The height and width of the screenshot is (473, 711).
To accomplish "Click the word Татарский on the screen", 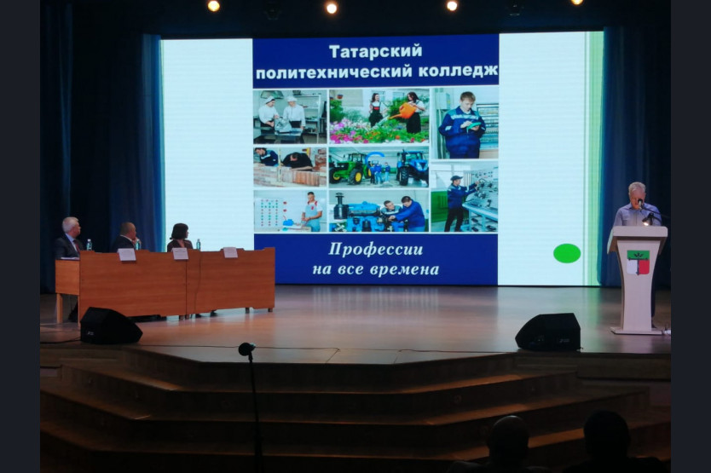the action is pyautogui.click(x=375, y=52).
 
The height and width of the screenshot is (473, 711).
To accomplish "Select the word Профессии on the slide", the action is pyautogui.click(x=375, y=250).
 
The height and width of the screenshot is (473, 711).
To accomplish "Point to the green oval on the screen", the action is pyautogui.click(x=567, y=253).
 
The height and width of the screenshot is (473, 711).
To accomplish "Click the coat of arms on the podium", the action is pyautogui.click(x=638, y=262).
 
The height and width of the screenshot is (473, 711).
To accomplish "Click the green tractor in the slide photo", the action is pyautogui.click(x=347, y=168).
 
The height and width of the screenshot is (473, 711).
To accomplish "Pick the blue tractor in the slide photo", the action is pyautogui.click(x=412, y=167).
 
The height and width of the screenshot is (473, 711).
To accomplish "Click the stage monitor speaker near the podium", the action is pyautogui.click(x=548, y=332).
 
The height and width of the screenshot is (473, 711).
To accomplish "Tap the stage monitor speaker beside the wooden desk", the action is pyautogui.click(x=110, y=326).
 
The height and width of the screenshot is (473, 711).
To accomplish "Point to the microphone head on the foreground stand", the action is pyautogui.click(x=246, y=349).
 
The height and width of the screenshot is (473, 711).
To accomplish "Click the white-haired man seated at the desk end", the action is pyautogui.click(x=68, y=238).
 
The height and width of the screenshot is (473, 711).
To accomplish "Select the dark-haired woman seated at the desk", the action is pyautogui.click(x=180, y=237).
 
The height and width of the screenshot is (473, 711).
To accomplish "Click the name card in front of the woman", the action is pyautogui.click(x=180, y=253).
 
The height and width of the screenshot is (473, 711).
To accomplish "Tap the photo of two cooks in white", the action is pyautogui.click(x=290, y=116).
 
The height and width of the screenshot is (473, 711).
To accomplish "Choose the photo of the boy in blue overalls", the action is pyautogui.click(x=465, y=123).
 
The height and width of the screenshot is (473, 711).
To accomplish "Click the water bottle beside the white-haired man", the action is pyautogui.click(x=90, y=245).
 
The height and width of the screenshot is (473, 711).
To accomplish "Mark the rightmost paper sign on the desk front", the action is pyautogui.click(x=230, y=252).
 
